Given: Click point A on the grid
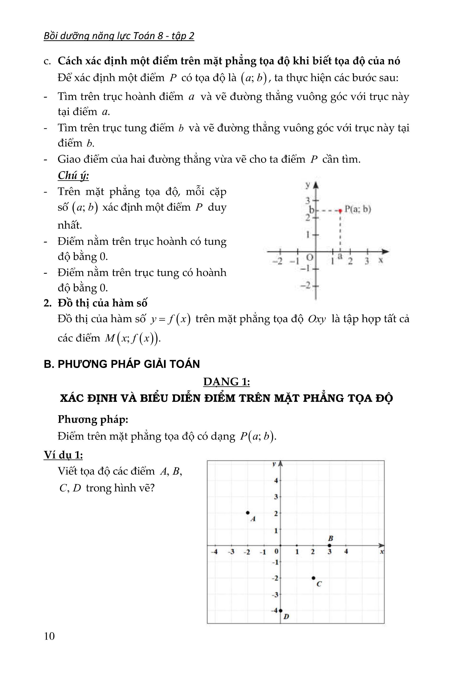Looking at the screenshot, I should tap(248, 513).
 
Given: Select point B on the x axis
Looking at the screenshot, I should tap(329, 545).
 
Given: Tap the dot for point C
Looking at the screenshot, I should tap(314, 578).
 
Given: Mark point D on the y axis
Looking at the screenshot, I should tap(280, 611).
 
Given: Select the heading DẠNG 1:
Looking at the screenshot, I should tap(226, 382).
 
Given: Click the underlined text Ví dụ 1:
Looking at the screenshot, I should tap(63, 455).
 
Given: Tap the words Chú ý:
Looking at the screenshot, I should tap(73, 175).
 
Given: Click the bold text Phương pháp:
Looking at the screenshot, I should tap(93, 419).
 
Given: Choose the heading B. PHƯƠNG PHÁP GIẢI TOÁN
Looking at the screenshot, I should tap(122, 364).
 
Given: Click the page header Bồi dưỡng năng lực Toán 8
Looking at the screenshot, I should tap(119, 36).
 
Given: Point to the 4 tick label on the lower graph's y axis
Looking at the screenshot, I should tap(276, 480).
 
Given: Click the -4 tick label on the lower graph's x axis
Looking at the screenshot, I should tap(214, 552).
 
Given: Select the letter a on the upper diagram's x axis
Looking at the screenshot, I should tap(341, 256).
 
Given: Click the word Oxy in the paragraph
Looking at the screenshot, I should tap(317, 319).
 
